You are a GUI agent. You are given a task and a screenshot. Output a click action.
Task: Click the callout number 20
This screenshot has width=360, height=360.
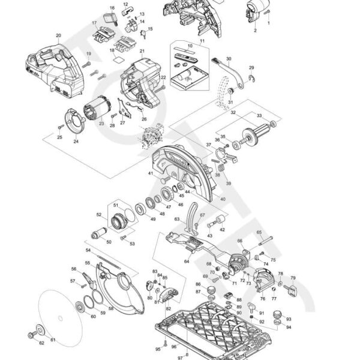tap(58, 35)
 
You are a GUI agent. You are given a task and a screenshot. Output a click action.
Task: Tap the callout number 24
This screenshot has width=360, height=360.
tap(76, 142)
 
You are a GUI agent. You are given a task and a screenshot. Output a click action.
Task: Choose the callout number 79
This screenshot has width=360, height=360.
tap(293, 278)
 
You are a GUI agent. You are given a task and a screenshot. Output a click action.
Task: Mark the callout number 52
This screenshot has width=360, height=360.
tap(99, 214)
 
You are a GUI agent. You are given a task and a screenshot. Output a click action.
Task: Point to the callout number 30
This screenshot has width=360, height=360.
tap(229, 59)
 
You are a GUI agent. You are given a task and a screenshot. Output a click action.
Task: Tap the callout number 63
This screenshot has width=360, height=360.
tap(176, 220)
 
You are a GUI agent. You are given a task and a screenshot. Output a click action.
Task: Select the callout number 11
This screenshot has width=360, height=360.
tap(202, 41)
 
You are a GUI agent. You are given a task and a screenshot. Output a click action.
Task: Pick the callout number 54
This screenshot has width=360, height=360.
tap(88, 250)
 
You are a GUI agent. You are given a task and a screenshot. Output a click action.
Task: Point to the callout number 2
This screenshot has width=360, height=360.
tap(255, 29)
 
